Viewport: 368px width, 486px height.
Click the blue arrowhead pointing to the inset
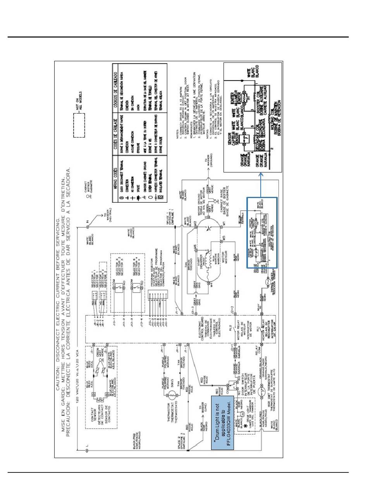click(261, 176)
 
